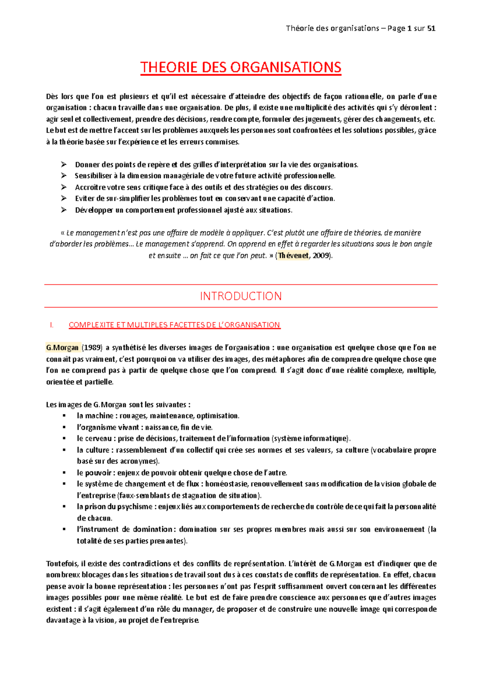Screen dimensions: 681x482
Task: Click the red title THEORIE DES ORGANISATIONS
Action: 241,67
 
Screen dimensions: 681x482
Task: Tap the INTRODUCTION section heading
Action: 241,296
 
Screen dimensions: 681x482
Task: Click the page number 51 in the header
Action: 431,28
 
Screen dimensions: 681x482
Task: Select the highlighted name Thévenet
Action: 294,255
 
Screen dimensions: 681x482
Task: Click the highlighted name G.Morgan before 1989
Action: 62,348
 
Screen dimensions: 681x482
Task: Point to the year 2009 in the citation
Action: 321,255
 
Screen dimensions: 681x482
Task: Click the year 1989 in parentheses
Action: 93,348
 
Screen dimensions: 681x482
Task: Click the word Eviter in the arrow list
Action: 84,198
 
